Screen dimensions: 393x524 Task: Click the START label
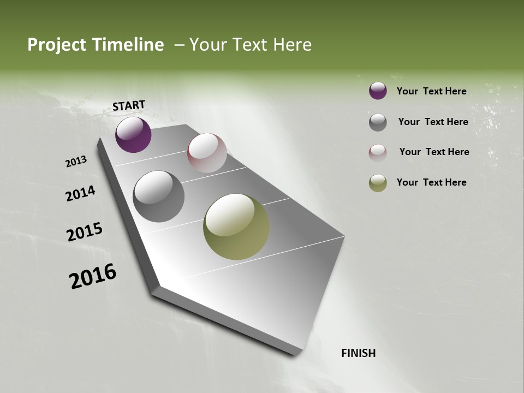click(129, 105)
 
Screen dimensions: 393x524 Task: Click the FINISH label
click(358, 353)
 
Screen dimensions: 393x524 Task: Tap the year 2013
click(76, 162)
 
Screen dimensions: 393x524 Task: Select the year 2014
click(80, 194)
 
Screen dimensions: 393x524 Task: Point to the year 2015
click(85, 232)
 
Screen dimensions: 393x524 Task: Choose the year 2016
click(93, 276)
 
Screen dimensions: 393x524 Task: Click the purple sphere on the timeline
click(133, 135)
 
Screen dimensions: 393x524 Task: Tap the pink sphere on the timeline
click(207, 153)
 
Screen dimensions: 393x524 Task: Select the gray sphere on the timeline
click(158, 196)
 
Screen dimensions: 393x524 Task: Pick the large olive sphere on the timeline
click(236, 227)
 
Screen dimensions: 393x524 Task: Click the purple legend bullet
click(378, 91)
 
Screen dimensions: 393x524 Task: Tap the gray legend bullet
click(378, 122)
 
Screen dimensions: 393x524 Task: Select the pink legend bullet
click(378, 152)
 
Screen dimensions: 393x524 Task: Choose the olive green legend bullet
click(378, 183)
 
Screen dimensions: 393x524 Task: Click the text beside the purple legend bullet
click(431, 91)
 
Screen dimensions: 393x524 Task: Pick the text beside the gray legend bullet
click(433, 122)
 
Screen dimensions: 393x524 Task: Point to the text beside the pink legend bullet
click(434, 152)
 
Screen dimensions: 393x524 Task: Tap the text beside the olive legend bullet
click(431, 182)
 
